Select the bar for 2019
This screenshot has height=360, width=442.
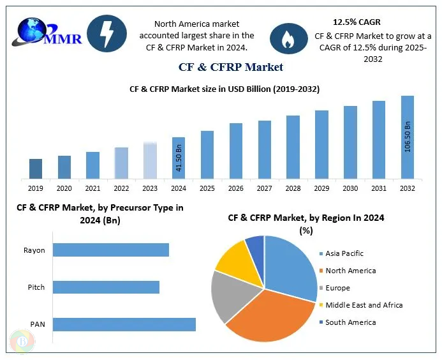click(36, 169)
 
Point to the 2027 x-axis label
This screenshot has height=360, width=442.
click(265, 188)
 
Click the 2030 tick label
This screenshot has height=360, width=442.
click(350, 188)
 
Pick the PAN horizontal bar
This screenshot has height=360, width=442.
click(124, 324)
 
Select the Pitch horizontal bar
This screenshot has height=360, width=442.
click(106, 287)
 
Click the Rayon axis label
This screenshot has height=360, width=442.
click(34, 250)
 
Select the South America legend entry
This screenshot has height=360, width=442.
click(350, 322)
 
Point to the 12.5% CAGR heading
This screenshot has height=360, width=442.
click(357, 22)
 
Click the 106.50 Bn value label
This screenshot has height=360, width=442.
click(408, 136)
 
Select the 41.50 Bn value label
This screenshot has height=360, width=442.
click(179, 158)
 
